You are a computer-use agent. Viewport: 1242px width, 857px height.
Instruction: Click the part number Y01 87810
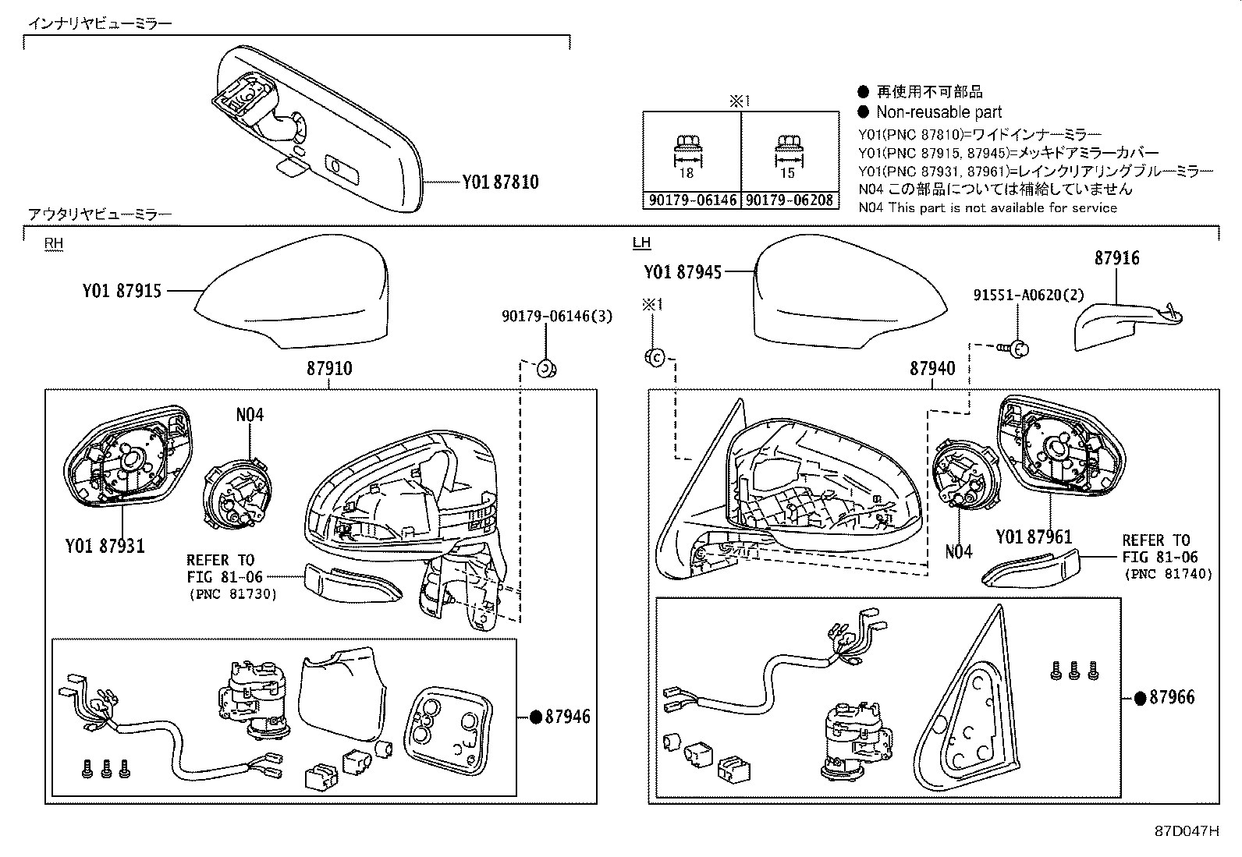pos(500,182)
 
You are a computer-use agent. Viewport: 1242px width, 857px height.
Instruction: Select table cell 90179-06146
pos(692,200)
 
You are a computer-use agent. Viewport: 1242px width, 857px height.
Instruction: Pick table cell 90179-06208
pos(789,200)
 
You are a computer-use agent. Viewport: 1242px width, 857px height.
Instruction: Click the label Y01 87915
pos(122,291)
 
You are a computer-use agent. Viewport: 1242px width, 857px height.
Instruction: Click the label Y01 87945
pos(683,271)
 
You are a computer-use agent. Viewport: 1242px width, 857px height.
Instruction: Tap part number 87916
pos(1116,258)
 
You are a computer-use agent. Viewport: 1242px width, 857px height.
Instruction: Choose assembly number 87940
pos(931,369)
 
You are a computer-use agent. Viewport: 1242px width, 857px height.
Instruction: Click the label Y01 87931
pos(105,546)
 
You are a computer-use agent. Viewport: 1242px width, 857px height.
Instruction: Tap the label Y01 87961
pos(1034,537)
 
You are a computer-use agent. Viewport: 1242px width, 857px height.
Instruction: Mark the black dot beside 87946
pos(536,717)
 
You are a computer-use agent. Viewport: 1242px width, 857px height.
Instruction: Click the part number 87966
pos(1173,698)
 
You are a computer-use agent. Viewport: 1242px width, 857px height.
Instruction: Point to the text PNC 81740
pos(1168,574)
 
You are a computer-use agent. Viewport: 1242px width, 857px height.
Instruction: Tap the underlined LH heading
pos(641,243)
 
